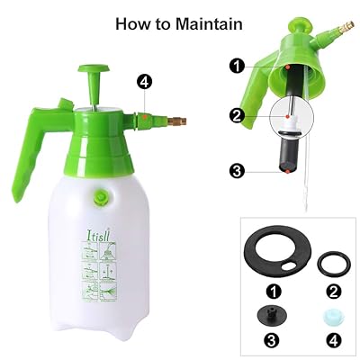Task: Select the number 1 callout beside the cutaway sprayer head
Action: pos(236,65)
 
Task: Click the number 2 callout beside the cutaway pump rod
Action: pos(236,115)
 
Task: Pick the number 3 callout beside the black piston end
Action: pos(236,169)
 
